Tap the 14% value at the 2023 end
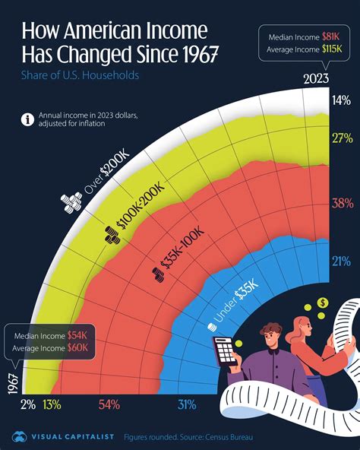341,100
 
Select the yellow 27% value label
341,138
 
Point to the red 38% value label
341,203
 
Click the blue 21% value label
341,262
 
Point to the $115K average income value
330,51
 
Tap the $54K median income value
78,334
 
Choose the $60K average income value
79,347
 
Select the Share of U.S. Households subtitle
71,75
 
